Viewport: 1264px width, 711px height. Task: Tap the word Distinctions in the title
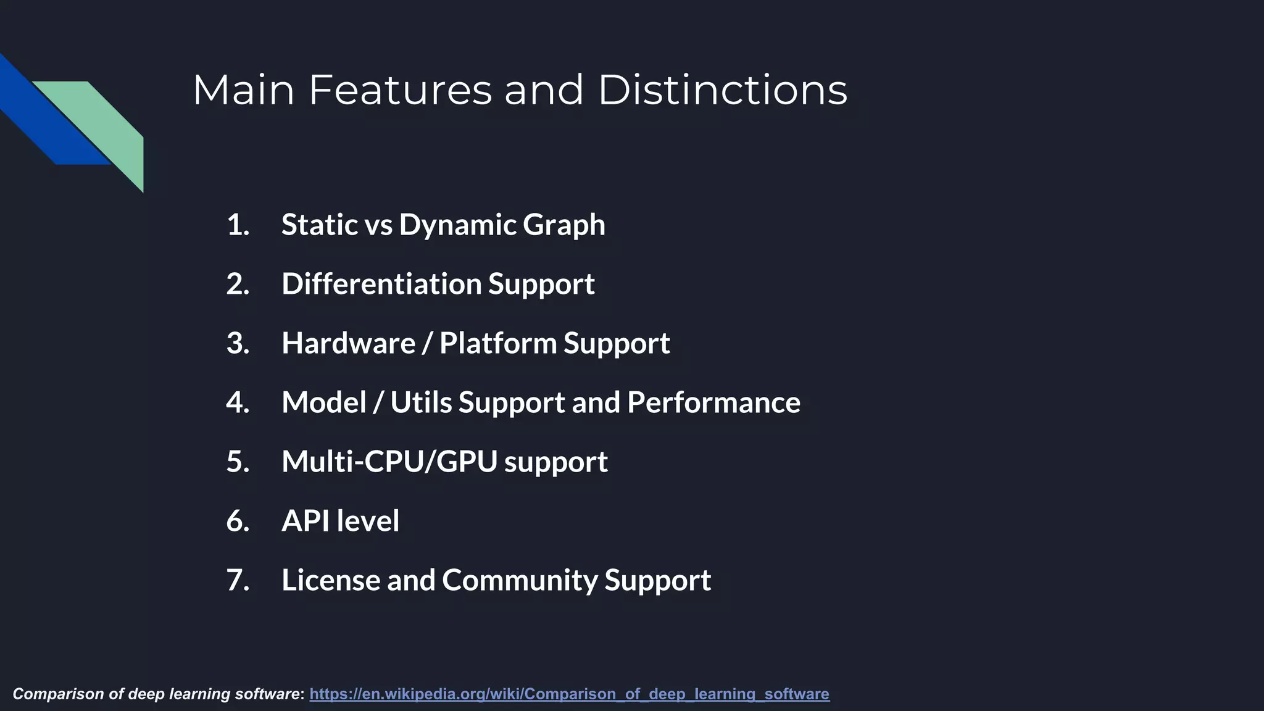click(722, 90)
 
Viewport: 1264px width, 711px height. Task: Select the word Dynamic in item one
click(457, 225)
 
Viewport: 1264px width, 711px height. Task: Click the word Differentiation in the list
click(381, 284)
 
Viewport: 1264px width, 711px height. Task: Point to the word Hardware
click(348, 343)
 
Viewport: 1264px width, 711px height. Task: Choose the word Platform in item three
click(497, 343)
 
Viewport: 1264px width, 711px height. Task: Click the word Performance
click(713, 402)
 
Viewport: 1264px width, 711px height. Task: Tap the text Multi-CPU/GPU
click(389, 462)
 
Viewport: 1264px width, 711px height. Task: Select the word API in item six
click(306, 521)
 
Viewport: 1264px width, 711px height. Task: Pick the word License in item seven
click(331, 580)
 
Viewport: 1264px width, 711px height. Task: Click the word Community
click(520, 580)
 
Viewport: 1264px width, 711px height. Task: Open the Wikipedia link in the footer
click(569, 694)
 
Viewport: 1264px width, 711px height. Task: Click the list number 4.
click(238, 402)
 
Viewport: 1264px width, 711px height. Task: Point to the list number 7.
click(238, 580)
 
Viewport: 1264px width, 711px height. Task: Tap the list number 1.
click(238, 225)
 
